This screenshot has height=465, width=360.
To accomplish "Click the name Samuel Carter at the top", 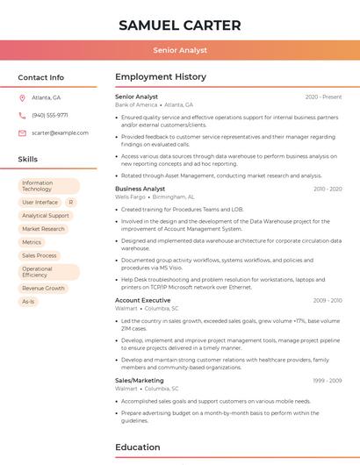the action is coord(180,24).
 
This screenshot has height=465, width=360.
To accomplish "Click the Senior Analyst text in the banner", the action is coord(180,50).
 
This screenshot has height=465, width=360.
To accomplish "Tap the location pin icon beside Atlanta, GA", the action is coord(22,97).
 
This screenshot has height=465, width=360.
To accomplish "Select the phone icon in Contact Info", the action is coord(22,115).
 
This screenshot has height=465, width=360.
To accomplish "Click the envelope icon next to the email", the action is coord(22,132).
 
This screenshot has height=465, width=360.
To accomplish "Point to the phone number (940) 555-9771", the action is coord(50,115).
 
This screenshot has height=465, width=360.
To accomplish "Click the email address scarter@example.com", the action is coord(60,132).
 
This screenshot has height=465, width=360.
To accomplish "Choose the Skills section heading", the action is coord(28,160).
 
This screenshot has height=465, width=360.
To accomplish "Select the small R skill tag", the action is coord(70,203).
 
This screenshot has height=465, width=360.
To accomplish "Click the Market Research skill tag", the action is coord(44,229).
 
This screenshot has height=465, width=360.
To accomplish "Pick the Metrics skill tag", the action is coord(32,242).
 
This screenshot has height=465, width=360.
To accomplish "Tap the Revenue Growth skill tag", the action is coord(44,288).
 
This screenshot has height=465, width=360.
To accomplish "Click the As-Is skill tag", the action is coord(28,301).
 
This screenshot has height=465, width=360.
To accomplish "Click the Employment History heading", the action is coord(161,77).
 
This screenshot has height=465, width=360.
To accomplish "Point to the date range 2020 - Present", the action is coord(323,97).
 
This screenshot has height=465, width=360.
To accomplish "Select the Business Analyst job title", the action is coord(140,189).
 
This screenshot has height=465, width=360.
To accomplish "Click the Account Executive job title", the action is coord(143,300).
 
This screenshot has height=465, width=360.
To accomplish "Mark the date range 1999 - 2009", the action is coord(327,380).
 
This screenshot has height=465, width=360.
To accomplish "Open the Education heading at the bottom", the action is coord(139,447).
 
